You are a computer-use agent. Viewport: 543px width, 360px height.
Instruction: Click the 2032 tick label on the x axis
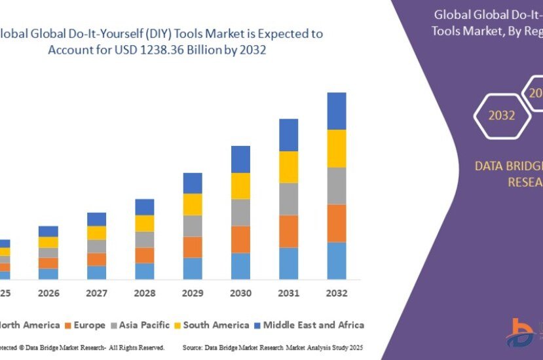tap(336, 293)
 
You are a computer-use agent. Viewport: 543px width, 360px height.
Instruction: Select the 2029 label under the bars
tap(192, 293)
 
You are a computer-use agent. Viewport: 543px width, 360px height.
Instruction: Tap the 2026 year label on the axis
tap(48, 293)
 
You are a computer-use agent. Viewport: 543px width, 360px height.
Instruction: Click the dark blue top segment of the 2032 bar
tap(337, 111)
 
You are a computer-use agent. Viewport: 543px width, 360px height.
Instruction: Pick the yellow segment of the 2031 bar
tap(288, 167)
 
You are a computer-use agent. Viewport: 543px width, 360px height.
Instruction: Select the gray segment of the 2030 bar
tap(240, 212)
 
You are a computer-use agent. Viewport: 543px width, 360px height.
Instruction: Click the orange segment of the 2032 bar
tap(337, 223)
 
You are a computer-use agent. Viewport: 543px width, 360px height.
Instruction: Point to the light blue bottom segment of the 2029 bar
tap(193, 268)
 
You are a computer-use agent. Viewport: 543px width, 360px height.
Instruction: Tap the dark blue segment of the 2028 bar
tap(144, 207)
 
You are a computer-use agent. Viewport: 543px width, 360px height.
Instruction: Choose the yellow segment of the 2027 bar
tap(96, 232)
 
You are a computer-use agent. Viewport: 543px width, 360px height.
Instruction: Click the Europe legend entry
tap(84, 325)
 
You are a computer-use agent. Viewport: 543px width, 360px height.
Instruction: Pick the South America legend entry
tap(211, 325)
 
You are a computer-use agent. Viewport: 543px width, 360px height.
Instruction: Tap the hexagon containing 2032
tap(501, 116)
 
